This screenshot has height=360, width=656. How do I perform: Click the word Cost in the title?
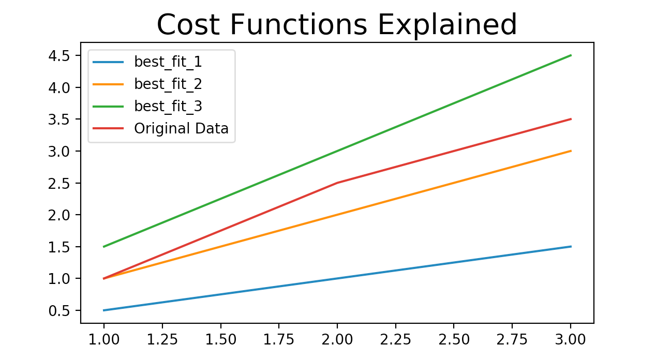pyautogui.click(x=186, y=24)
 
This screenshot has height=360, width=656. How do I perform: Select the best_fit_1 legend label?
pyautogui.click(x=168, y=62)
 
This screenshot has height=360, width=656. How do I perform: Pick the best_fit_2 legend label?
pyautogui.click(x=168, y=84)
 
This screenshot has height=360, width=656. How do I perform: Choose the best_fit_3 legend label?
pyautogui.click(x=168, y=106)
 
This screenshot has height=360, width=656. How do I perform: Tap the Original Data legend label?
pyautogui.click(x=181, y=128)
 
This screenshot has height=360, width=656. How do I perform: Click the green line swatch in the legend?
pyautogui.click(x=108, y=106)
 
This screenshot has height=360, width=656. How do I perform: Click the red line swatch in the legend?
pyautogui.click(x=108, y=128)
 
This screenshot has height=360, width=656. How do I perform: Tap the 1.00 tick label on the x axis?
pyautogui.click(x=104, y=339)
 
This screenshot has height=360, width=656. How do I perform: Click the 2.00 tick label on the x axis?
pyautogui.click(x=337, y=339)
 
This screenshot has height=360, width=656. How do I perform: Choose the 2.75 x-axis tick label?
pyautogui.click(x=512, y=339)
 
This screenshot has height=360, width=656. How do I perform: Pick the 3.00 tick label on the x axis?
pyautogui.click(x=571, y=339)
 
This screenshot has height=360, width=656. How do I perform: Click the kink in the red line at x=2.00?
pyautogui.click(x=337, y=183)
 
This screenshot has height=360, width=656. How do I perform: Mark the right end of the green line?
pyautogui.click(x=571, y=55)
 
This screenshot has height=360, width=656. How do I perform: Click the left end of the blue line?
pyautogui.click(x=104, y=310)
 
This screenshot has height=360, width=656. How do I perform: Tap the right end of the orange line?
pyautogui.click(x=571, y=151)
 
